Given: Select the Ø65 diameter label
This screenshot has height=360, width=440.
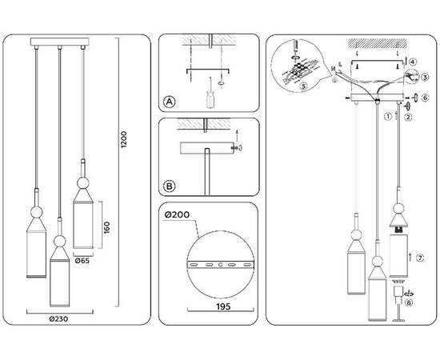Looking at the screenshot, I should click(x=82, y=260).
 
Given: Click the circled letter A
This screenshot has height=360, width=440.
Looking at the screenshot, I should click(x=169, y=102).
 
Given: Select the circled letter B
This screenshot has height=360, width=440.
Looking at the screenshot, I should click(x=169, y=186).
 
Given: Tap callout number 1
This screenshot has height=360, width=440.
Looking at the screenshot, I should click(x=387, y=116).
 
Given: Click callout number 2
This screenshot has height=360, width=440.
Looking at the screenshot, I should click(x=407, y=117).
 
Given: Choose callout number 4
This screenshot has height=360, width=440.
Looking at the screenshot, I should click(x=413, y=61).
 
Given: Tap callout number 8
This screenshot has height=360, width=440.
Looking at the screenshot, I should click(x=410, y=302).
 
